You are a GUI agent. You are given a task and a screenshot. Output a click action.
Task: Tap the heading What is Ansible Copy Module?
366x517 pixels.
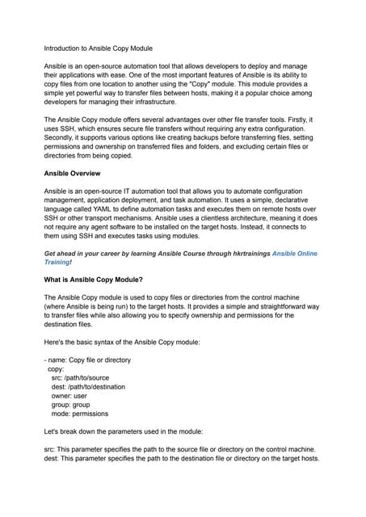point(94,280)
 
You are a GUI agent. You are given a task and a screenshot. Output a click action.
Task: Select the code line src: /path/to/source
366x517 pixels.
point(79,377)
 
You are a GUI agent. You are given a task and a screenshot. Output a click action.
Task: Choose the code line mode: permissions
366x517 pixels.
point(82,416)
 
